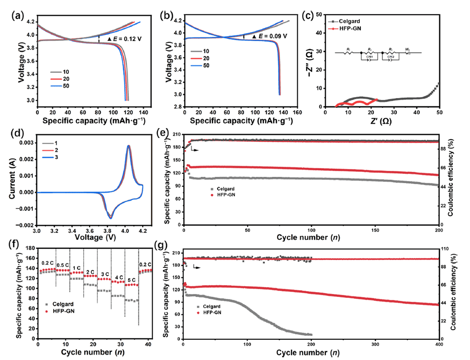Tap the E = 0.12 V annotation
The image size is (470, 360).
pos(121,38)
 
